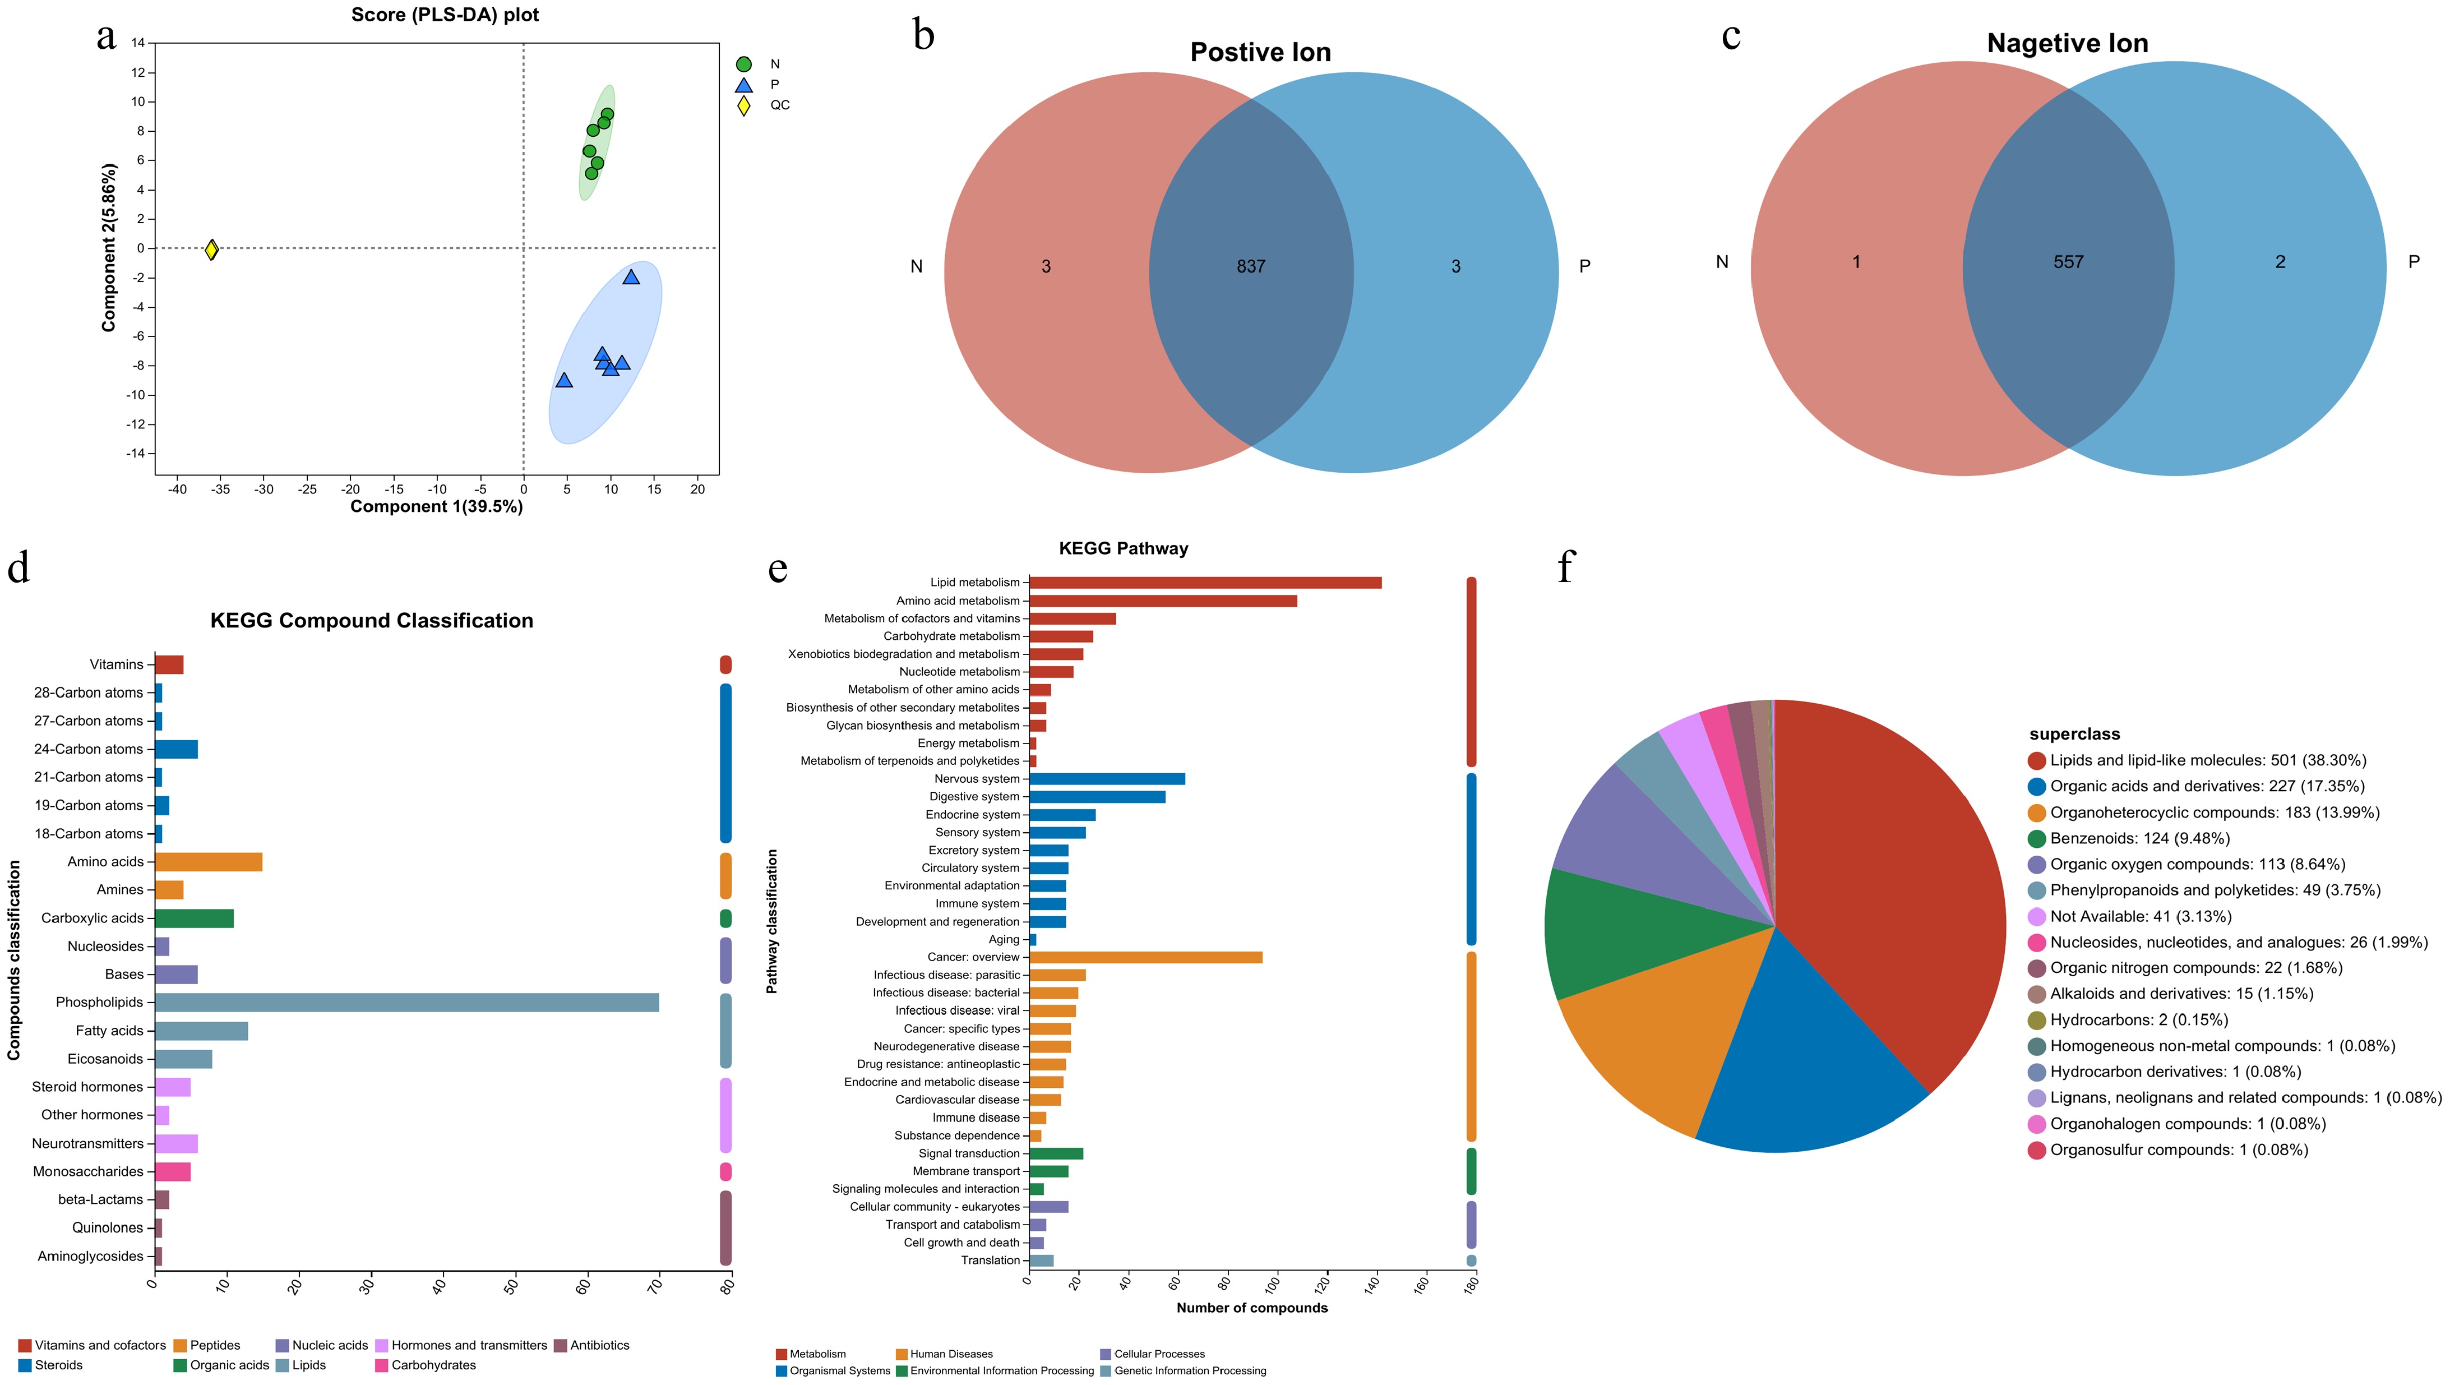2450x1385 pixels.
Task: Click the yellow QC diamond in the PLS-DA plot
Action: tap(212, 249)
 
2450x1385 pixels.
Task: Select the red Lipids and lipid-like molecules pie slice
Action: tap(1893, 885)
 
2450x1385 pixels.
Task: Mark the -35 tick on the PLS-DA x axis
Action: tap(221, 490)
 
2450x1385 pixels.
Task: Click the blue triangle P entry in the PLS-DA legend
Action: tap(744, 85)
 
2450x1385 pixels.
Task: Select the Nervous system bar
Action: tap(1107, 779)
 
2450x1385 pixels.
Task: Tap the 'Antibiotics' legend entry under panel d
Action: tap(599, 1346)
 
